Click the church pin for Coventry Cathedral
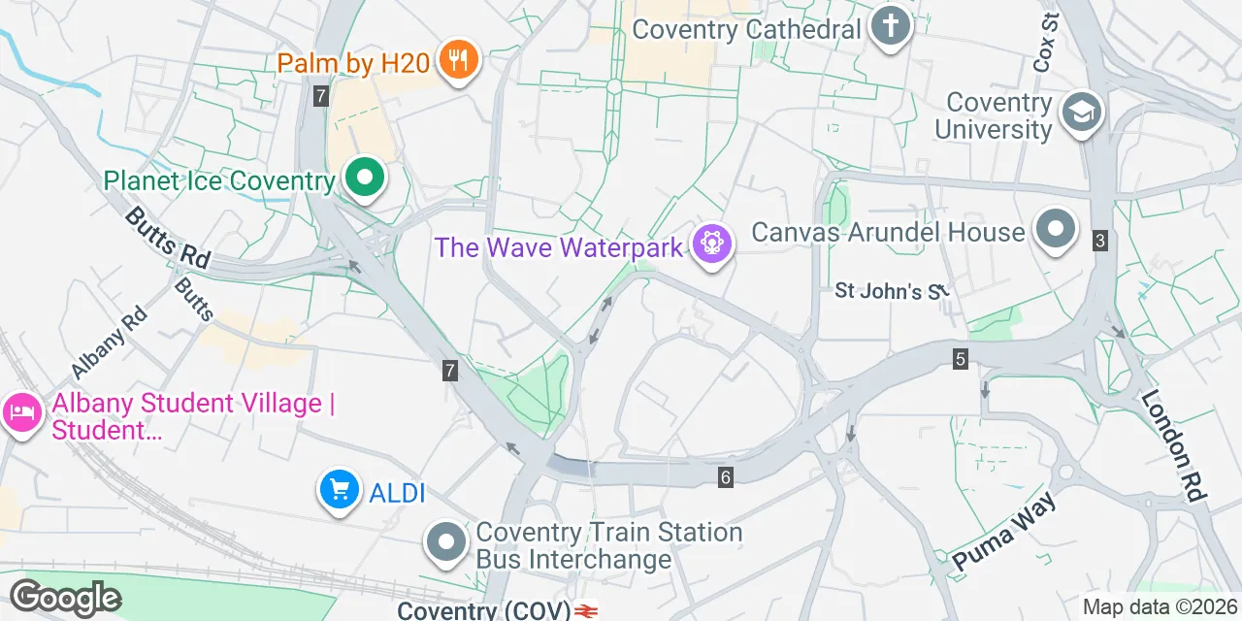[x=890, y=26]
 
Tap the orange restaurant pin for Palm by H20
[x=457, y=61]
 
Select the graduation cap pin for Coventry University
[x=1080, y=113]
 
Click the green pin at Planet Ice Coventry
[x=364, y=179]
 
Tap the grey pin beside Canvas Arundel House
[x=1056, y=229]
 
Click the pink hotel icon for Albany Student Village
[x=21, y=414]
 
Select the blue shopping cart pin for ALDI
[x=338, y=491]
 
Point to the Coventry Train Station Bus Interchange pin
[x=447, y=544]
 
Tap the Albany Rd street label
[x=108, y=343]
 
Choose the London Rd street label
[x=1172, y=444]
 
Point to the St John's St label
[x=890, y=290]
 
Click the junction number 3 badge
[x=1099, y=241]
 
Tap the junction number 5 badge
[x=960, y=360]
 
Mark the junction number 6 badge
[x=725, y=476]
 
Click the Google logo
[x=65, y=598]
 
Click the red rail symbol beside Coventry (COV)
[x=585, y=611]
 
